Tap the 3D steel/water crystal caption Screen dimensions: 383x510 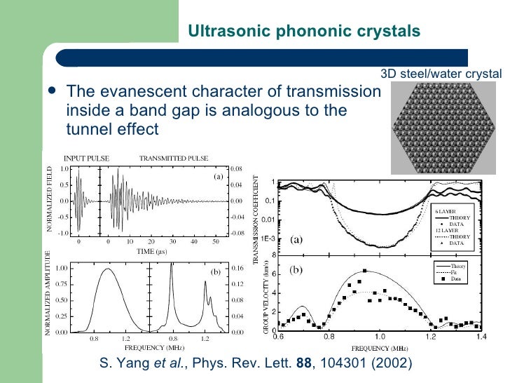point(441,74)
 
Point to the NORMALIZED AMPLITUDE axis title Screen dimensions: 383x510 point(48,298)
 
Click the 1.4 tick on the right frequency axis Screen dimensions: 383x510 point(481,338)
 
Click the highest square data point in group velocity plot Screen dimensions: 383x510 point(365,271)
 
